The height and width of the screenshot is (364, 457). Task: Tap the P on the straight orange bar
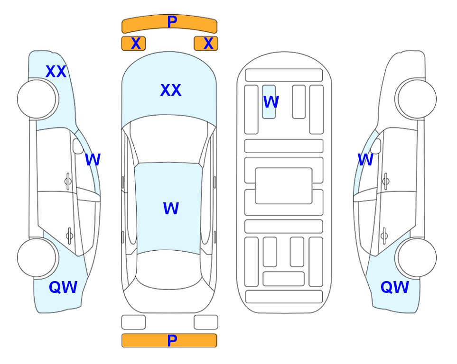tap(172, 340)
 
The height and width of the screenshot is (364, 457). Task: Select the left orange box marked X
tap(133, 44)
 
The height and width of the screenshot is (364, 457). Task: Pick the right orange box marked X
tap(206, 44)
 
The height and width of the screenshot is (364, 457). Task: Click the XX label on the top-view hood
tap(171, 90)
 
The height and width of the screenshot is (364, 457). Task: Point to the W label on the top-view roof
tap(171, 209)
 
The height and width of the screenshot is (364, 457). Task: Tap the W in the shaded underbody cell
tap(271, 102)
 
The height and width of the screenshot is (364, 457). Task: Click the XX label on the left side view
tap(56, 72)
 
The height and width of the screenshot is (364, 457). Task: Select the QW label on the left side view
tap(63, 287)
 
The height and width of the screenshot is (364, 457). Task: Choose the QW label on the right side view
tap(395, 287)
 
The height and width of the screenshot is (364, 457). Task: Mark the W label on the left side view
tap(93, 160)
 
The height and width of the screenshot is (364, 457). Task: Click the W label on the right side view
tap(365, 160)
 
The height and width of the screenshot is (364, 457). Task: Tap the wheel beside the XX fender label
tap(37, 99)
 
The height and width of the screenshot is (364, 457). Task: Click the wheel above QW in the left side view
tap(37, 257)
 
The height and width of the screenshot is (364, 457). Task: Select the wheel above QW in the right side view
tap(416, 257)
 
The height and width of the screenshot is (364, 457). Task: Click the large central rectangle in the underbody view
tap(284, 186)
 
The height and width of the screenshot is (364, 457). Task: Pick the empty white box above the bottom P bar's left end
tap(133, 322)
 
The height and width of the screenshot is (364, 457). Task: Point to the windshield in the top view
tap(169, 140)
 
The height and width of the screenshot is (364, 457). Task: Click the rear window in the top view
tap(169, 269)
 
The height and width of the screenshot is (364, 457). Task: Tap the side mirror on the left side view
tap(78, 146)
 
